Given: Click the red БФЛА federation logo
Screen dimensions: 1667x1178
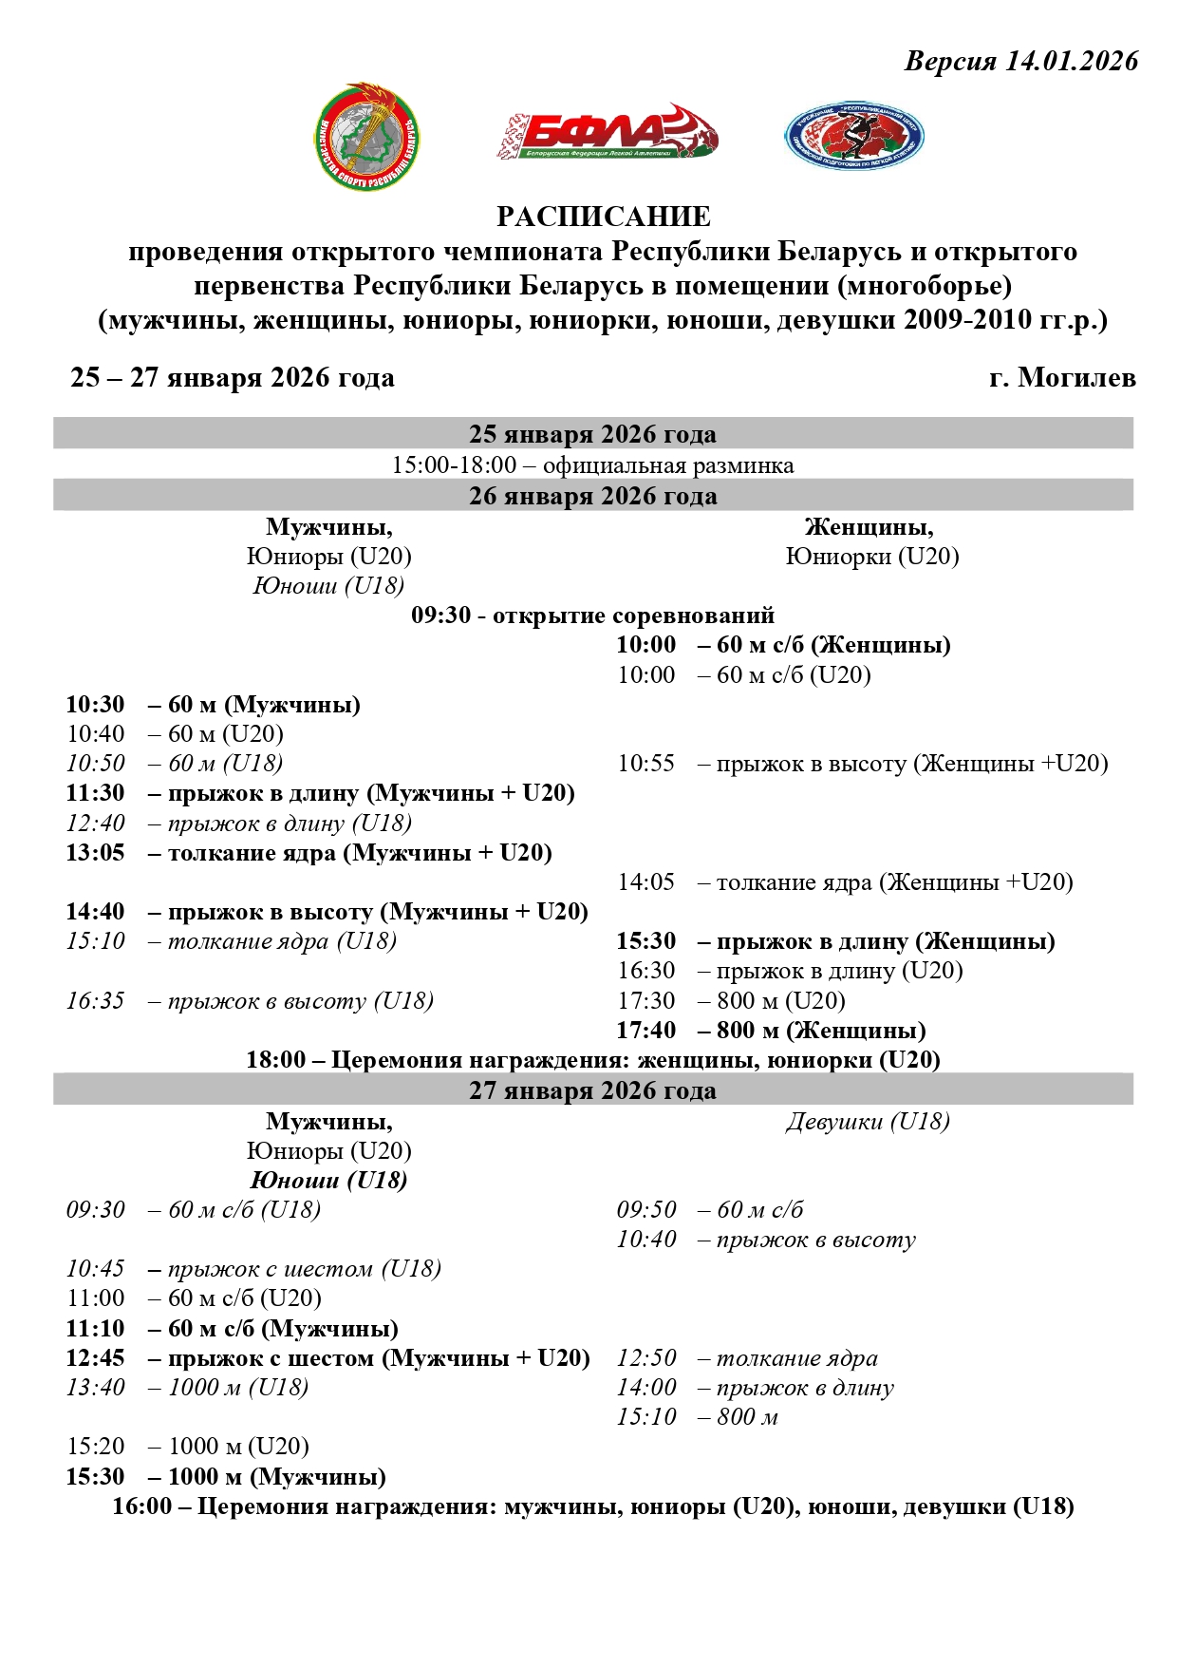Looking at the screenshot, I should pyautogui.click(x=606, y=133).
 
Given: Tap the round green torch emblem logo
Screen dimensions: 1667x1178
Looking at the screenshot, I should pyautogui.click(x=367, y=137).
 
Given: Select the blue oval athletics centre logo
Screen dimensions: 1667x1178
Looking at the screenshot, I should pyautogui.click(x=853, y=137).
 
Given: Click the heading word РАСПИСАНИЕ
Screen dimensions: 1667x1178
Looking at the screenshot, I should pyautogui.click(x=603, y=217).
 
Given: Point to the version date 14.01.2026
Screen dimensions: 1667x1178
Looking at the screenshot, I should pyautogui.click(x=1072, y=62).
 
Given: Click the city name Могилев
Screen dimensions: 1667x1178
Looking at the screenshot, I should pyautogui.click(x=1076, y=378).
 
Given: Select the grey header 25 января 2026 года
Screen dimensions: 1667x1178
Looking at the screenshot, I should pyautogui.click(x=592, y=434).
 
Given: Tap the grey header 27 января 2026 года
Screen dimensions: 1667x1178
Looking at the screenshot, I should pyautogui.click(x=592, y=1089).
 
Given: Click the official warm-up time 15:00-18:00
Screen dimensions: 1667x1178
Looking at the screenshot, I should pyautogui.click(x=454, y=465).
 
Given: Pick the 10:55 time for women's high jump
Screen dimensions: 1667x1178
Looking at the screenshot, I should pyautogui.click(x=645, y=764).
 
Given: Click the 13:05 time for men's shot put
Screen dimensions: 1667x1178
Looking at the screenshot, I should pyautogui.click(x=95, y=853).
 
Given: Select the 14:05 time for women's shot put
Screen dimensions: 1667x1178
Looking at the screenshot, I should pyautogui.click(x=645, y=882).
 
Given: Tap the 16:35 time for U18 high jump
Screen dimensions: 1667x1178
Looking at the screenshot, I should pyautogui.click(x=95, y=1001).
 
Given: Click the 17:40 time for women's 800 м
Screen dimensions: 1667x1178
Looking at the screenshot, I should pyautogui.click(x=645, y=1031).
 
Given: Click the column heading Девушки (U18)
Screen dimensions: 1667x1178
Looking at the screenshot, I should pyautogui.click(x=868, y=1122).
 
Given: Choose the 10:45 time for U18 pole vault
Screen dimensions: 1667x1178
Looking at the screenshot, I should pyautogui.click(x=95, y=1269).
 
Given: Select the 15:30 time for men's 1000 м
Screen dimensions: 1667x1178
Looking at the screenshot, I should pyautogui.click(x=95, y=1477).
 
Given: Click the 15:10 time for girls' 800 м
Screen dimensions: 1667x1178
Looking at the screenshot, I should pyautogui.click(x=645, y=1417).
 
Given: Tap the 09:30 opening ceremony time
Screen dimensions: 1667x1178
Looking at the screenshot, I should pyautogui.click(x=440, y=616).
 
